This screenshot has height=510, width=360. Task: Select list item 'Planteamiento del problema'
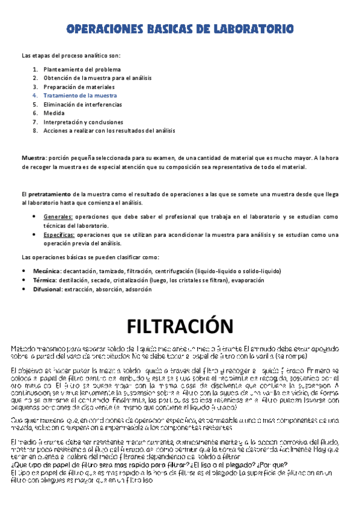click(x=82, y=69)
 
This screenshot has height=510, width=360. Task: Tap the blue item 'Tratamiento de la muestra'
click(x=80, y=95)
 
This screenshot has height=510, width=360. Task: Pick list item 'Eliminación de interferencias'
click(x=87, y=104)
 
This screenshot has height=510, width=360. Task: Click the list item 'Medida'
click(x=54, y=112)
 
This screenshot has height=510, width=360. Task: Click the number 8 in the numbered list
click(x=35, y=130)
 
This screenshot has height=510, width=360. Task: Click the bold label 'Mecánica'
click(x=47, y=271)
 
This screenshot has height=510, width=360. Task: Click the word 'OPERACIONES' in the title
click(x=98, y=28)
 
